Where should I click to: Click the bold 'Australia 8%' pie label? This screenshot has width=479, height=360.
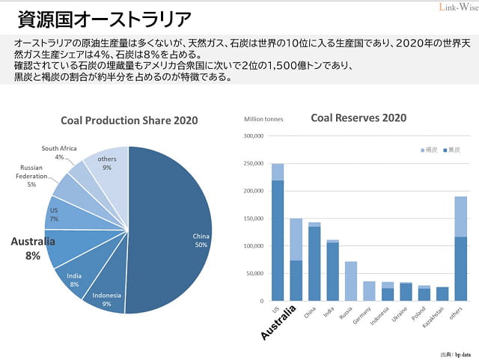33,248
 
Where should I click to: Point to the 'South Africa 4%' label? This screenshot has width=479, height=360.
59,153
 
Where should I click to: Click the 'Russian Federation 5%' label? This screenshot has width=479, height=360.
32,176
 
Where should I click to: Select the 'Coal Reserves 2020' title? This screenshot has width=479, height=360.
359,118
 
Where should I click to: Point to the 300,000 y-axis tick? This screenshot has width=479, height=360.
254,136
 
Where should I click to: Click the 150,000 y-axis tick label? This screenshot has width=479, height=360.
254,219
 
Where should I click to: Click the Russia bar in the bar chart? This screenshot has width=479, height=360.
350,281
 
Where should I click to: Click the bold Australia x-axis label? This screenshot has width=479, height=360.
280,323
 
